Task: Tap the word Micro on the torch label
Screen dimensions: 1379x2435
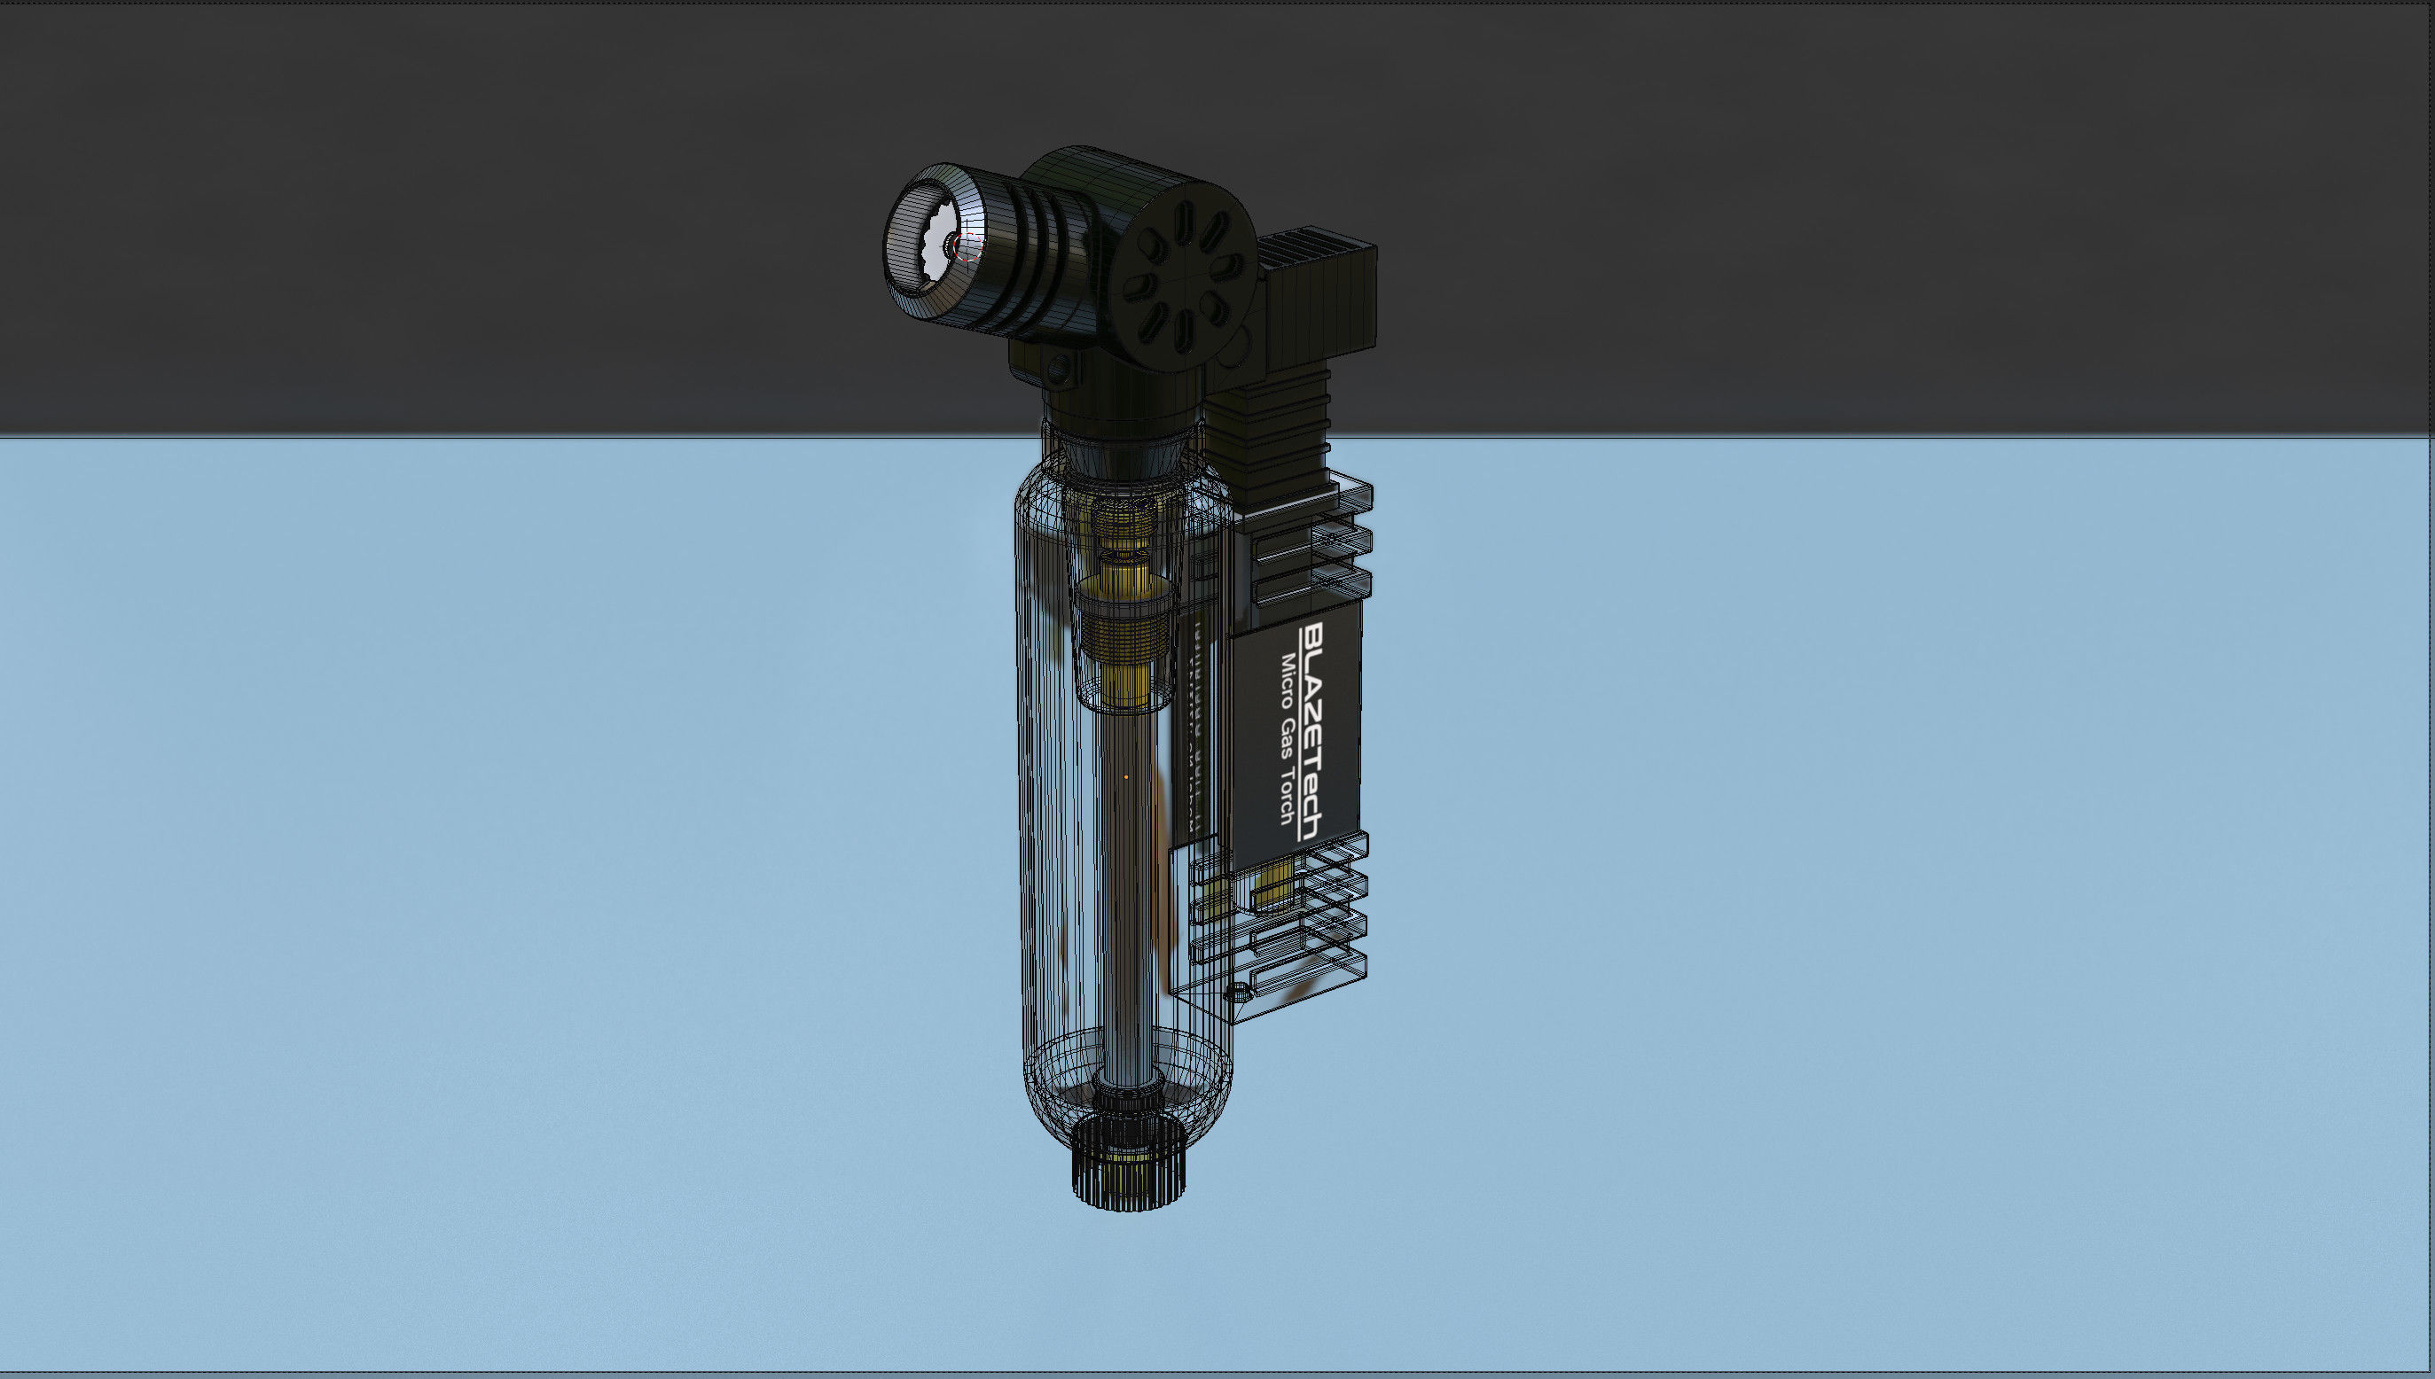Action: tap(1289, 678)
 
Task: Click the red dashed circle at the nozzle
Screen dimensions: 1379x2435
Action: tap(969, 247)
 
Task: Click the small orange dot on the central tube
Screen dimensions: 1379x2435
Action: tap(1124, 777)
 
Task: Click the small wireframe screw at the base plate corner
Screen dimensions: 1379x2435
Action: tap(1236, 991)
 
